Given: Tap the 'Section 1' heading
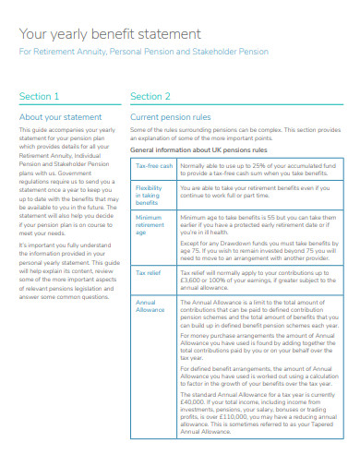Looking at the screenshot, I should pyautogui.click(x=39, y=96).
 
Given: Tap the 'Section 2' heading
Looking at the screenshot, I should pyautogui.click(x=150, y=96).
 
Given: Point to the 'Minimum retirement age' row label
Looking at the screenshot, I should pyautogui.click(x=150, y=225).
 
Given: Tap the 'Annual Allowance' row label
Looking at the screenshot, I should pyautogui.click(x=150, y=305).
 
